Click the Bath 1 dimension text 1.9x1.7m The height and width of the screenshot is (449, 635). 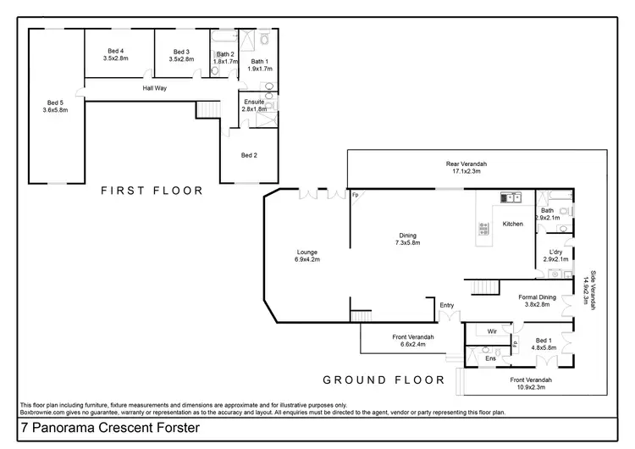pyautogui.click(x=261, y=69)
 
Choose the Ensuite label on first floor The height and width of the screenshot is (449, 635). pyautogui.click(x=253, y=102)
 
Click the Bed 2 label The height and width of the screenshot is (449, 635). pyautogui.click(x=249, y=155)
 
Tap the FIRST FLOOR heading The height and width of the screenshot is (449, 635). pyautogui.click(x=152, y=191)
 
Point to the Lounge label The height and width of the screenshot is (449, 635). pyautogui.click(x=306, y=252)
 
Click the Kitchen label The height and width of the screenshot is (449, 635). pyautogui.click(x=513, y=224)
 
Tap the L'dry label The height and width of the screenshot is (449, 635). pyautogui.click(x=555, y=252)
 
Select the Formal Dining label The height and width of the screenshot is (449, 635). pyautogui.click(x=537, y=297)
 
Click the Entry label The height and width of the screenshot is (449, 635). pyautogui.click(x=447, y=304)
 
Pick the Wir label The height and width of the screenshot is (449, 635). pyautogui.click(x=491, y=332)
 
